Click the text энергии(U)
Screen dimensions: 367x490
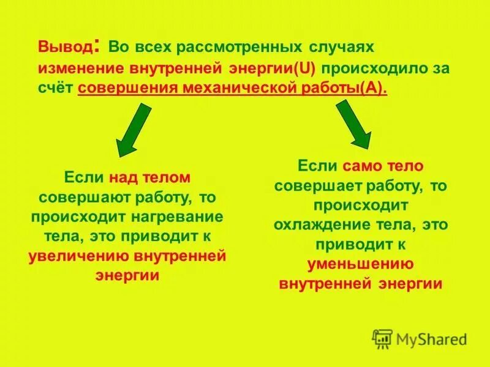(274, 68)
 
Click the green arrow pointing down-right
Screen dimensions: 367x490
(355, 124)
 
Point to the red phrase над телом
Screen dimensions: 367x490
(150, 178)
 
